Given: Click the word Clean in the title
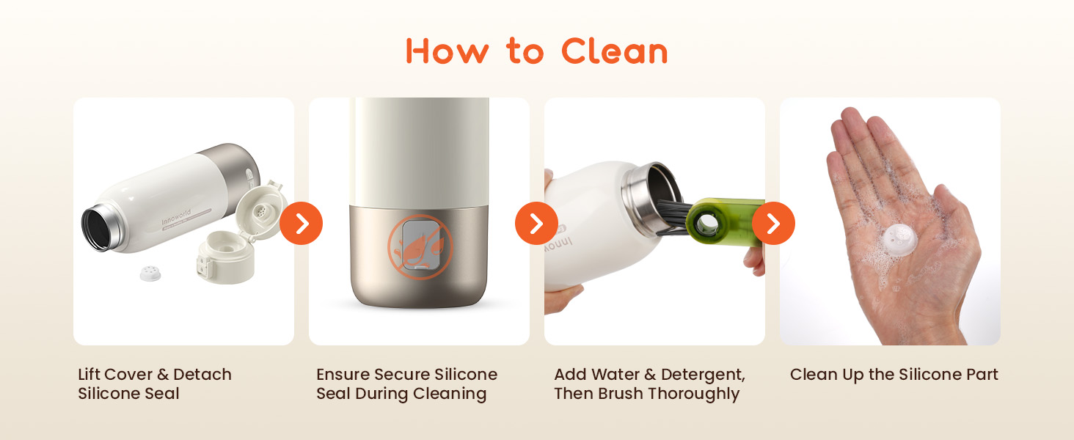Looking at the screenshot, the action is (x=614, y=51).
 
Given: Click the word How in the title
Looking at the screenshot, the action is (x=447, y=51).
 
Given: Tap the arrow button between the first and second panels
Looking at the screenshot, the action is (x=301, y=224).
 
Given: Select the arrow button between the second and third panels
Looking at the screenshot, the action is (x=536, y=224).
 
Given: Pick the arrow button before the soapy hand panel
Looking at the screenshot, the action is (x=773, y=224).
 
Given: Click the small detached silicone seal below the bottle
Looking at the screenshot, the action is (x=150, y=274).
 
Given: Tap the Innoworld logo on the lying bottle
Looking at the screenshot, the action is (x=176, y=217).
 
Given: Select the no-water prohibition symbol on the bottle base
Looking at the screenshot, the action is (x=420, y=247).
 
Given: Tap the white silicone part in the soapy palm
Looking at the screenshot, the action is (x=899, y=238).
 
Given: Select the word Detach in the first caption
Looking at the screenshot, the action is (x=202, y=374).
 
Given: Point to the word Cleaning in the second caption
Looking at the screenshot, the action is (x=450, y=394).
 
